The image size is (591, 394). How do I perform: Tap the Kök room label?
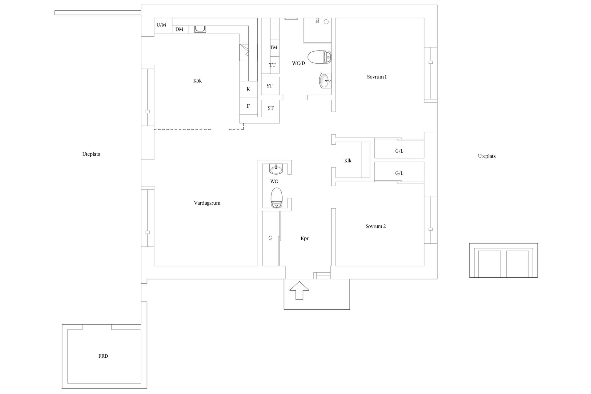click(x=198, y=81)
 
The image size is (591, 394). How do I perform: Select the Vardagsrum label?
click(x=207, y=203)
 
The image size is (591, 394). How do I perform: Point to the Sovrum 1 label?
click(x=377, y=77)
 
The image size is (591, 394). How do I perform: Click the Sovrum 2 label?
click(x=376, y=227)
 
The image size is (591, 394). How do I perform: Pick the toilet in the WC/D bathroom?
click(x=319, y=57)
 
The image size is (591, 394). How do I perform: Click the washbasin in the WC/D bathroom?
click(x=325, y=81)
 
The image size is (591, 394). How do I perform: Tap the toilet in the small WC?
click(x=276, y=198)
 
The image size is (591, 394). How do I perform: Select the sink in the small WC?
click(x=276, y=169)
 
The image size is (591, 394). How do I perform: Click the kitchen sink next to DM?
click(x=200, y=29)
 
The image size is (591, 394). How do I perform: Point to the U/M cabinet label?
click(x=161, y=25)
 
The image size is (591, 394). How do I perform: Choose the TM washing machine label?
click(x=273, y=47)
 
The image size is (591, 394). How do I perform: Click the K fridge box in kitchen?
click(x=248, y=89)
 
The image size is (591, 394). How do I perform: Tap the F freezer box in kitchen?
click(x=248, y=106)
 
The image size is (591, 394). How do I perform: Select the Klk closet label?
click(x=348, y=161)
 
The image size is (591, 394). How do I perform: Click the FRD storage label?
click(x=103, y=356)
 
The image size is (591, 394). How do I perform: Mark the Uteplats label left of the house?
click(x=91, y=154)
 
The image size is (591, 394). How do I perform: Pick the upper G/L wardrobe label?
click(x=399, y=151)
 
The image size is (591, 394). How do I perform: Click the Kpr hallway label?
click(x=304, y=239)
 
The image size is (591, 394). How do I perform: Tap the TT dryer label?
click(x=272, y=65)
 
